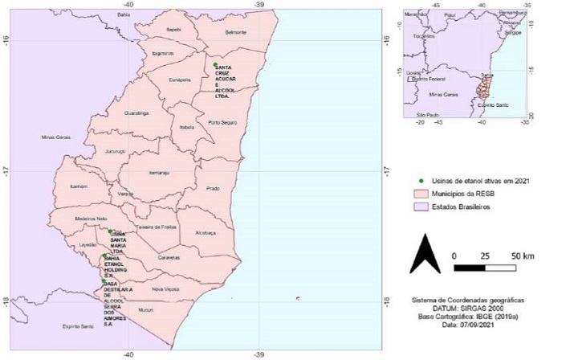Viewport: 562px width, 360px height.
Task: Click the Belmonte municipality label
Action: (236, 32)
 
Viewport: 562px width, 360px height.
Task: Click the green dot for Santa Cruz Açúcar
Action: (215, 64)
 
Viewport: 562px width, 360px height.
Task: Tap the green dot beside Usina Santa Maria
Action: (110, 231)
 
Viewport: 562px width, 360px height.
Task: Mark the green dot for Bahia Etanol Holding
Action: (104, 256)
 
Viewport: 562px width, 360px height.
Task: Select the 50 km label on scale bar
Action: (523, 256)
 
